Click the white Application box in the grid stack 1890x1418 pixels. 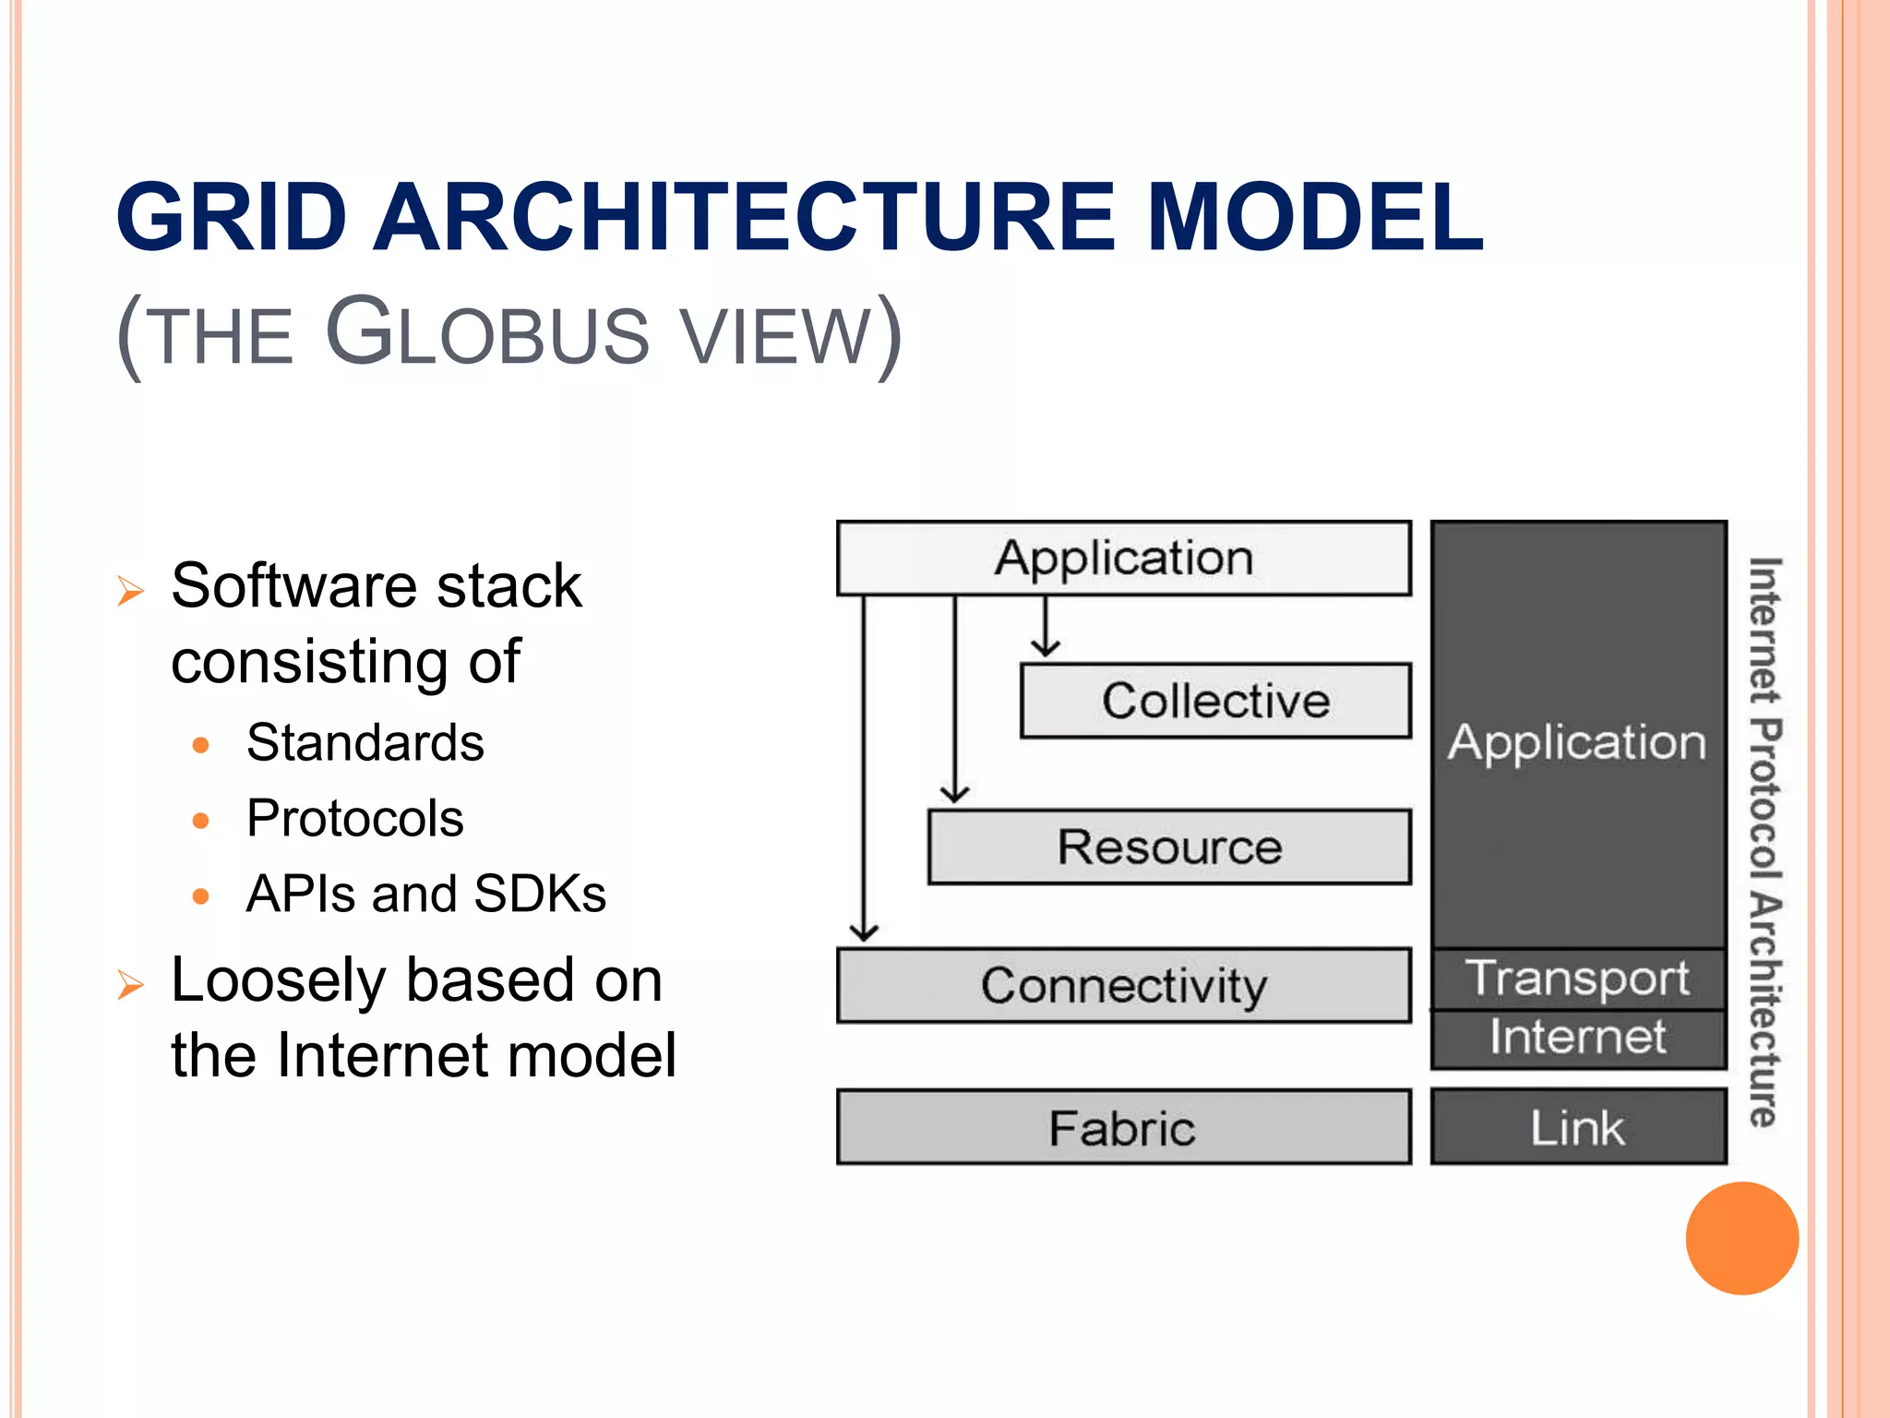point(1123,559)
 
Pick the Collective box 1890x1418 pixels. point(1215,701)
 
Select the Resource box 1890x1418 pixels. point(1169,847)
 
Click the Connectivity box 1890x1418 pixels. point(1123,985)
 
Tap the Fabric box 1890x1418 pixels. point(1123,1127)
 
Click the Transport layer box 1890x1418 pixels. point(1578,979)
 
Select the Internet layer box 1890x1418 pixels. point(1578,1038)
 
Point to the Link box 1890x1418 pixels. point(1578,1127)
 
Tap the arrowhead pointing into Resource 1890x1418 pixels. point(955,793)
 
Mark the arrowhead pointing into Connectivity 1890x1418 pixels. point(864,931)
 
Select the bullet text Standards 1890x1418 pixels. point(365,742)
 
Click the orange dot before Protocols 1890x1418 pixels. point(201,820)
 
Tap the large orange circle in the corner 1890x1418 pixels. point(1741,1238)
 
